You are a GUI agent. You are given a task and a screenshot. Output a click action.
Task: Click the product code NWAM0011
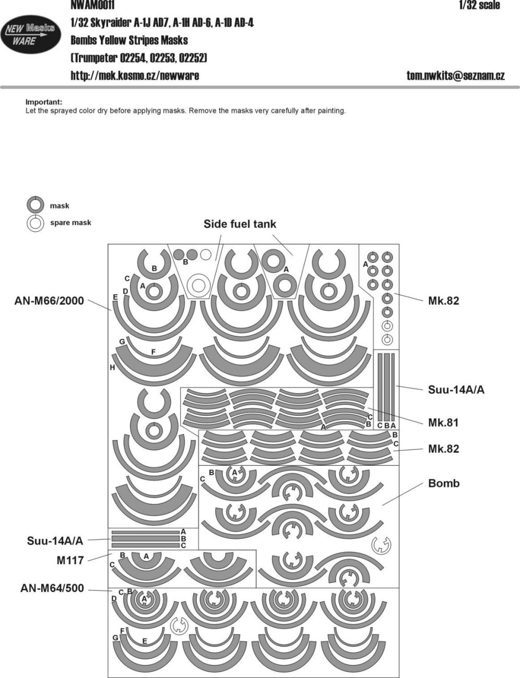92,5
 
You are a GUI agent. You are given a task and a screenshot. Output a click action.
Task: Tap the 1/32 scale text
479,5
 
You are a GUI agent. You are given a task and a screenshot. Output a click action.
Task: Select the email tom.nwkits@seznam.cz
455,76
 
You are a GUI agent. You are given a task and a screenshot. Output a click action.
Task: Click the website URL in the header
135,76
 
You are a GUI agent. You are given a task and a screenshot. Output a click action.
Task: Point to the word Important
44,102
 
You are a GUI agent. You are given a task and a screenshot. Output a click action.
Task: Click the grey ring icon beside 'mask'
35,205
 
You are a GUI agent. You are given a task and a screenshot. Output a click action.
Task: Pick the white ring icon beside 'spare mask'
35,223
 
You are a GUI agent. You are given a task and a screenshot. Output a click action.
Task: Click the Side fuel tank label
240,224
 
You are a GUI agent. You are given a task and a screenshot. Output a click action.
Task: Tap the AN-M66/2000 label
49,301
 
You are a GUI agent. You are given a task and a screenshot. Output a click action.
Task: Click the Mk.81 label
443,423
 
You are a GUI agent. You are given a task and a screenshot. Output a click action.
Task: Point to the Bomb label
444,483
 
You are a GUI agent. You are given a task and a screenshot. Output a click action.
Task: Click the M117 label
70,561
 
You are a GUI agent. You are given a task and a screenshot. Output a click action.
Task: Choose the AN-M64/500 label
52,589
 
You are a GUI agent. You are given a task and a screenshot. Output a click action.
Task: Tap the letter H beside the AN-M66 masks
112,368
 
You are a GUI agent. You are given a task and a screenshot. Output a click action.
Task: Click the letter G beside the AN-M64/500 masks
115,638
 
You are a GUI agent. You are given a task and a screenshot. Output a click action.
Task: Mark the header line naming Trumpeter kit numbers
139,58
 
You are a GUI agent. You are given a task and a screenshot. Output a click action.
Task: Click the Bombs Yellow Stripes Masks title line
129,40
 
